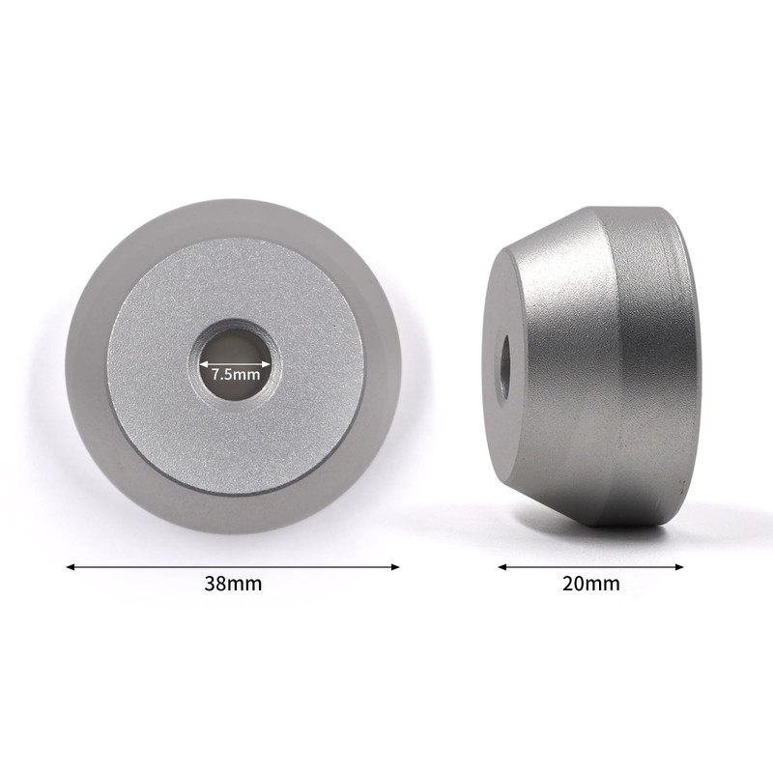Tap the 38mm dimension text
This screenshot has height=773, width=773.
233,584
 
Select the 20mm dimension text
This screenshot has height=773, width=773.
591,584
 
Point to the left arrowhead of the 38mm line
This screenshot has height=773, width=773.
71,567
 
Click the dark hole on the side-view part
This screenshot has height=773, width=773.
504,366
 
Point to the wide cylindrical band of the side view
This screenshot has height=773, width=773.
647,367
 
